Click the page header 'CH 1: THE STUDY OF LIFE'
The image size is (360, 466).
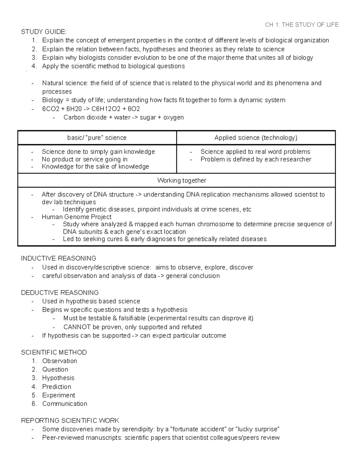301,25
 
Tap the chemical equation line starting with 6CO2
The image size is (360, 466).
91,109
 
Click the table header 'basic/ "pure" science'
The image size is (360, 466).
97,138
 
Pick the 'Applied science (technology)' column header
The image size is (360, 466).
256,138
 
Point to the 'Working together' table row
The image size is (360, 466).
181,181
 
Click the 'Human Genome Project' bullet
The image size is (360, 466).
76,217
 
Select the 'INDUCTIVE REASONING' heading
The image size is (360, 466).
58,258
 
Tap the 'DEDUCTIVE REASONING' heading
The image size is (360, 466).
60,293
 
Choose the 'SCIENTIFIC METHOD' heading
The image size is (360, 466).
54,352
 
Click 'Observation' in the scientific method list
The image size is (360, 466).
60,361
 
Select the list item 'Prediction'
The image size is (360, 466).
57,387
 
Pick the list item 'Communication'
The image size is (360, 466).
65,404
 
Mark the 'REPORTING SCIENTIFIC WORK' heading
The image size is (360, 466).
70,420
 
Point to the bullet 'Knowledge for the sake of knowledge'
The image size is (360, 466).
95,167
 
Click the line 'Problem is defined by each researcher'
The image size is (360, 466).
256,159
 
